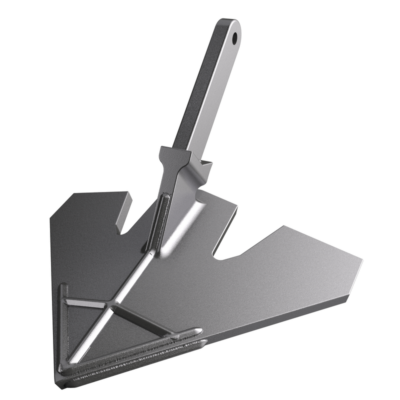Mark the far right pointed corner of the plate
[361, 260]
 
